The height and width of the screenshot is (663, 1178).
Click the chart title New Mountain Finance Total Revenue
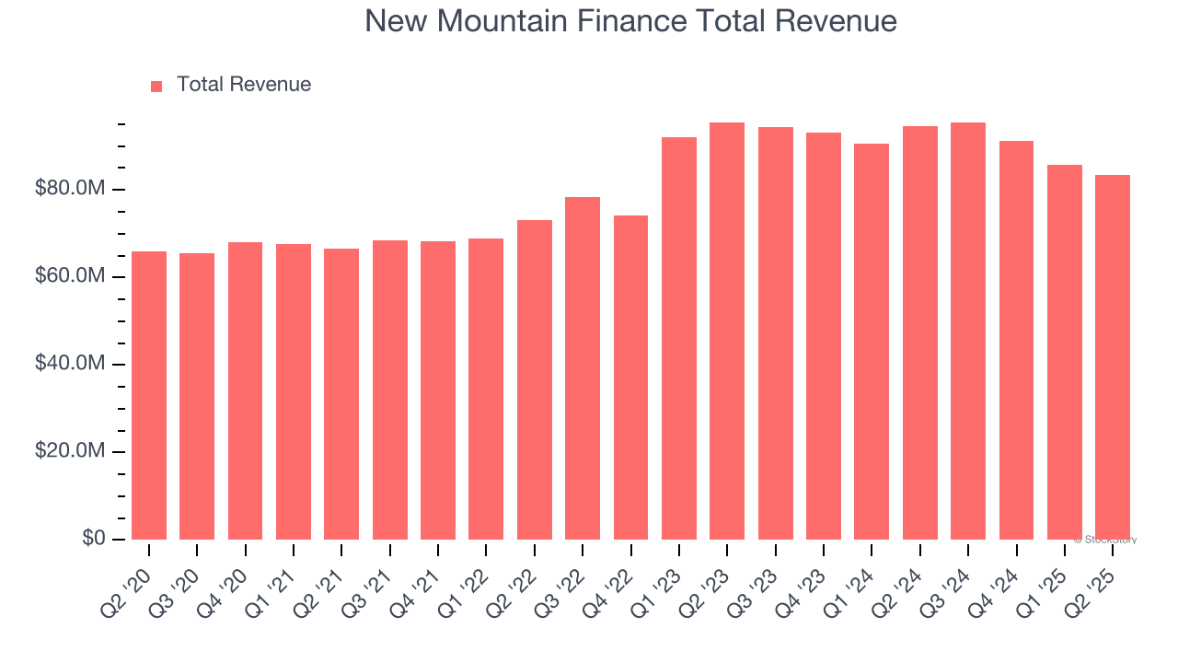pyautogui.click(x=630, y=21)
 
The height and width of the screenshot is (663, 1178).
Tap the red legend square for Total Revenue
pyautogui.click(x=156, y=86)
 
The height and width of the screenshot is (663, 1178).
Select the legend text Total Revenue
pyautogui.click(x=244, y=85)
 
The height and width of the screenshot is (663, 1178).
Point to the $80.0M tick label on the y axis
pyautogui.click(x=70, y=190)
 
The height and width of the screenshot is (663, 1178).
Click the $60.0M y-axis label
pyautogui.click(x=70, y=277)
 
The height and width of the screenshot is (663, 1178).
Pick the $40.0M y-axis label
pyautogui.click(x=70, y=365)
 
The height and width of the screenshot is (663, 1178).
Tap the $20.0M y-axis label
pyautogui.click(x=70, y=452)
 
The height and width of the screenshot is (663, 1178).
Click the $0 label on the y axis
pyautogui.click(x=93, y=539)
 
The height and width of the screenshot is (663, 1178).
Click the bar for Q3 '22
pyautogui.click(x=583, y=368)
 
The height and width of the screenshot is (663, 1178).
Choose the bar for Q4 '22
pyautogui.click(x=630, y=378)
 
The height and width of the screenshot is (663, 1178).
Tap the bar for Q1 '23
pyautogui.click(x=679, y=339)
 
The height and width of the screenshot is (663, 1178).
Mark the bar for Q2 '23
pyautogui.click(x=727, y=331)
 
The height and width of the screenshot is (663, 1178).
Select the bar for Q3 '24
pyautogui.click(x=968, y=331)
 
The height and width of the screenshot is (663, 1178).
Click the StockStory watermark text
pyautogui.click(x=1105, y=540)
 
